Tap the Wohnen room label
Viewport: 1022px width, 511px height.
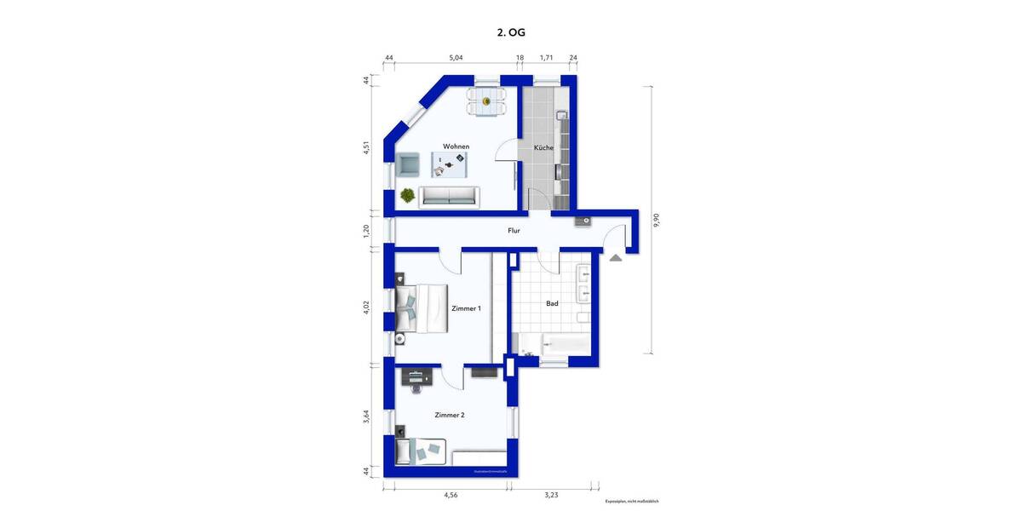(456, 146)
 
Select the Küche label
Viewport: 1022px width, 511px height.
(543, 147)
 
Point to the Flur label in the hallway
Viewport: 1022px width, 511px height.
(514, 230)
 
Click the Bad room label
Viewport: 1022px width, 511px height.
(552, 302)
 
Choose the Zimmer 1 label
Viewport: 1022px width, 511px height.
(466, 307)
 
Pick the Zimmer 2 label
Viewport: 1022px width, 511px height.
(449, 415)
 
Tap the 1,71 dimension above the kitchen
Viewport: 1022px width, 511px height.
(547, 58)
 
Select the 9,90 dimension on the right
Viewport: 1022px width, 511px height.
(655, 220)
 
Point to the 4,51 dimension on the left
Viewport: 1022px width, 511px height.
(366, 147)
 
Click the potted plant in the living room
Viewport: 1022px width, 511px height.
(409, 195)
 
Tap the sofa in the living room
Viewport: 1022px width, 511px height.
(450, 196)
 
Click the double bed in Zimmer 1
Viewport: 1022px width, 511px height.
(421, 307)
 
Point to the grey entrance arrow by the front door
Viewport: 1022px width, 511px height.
(615, 257)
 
